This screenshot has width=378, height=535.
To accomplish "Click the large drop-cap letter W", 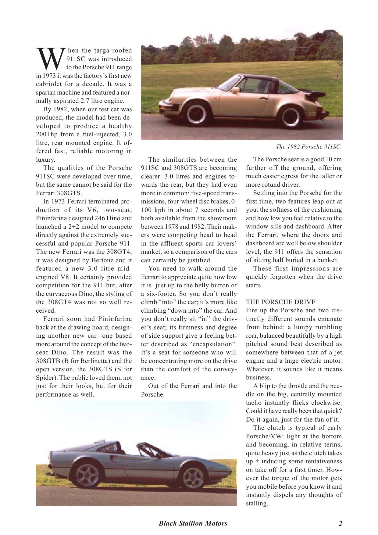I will click(x=50, y=59).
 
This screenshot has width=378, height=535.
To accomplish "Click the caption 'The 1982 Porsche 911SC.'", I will click(x=308, y=147).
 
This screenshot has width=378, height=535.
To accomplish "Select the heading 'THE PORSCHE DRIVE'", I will click(x=280, y=302).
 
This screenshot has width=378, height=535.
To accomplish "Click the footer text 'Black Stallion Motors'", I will click(x=193, y=523).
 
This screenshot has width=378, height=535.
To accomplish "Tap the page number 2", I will click(x=341, y=523).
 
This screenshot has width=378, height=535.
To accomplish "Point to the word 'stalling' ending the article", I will click(x=256, y=503).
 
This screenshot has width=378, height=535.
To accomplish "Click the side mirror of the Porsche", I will click(x=236, y=90).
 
